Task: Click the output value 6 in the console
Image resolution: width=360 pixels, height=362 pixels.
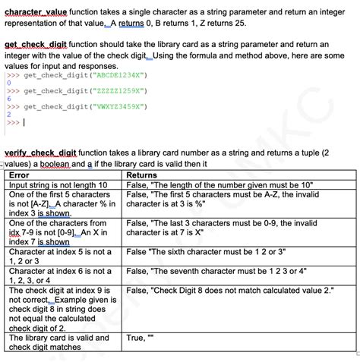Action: [x=8, y=99]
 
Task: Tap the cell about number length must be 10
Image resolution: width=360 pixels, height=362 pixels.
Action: [x=220, y=184]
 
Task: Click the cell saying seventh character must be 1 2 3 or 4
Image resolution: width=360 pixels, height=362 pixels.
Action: [x=216, y=271]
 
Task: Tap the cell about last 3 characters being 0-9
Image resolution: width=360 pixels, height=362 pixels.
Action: [x=221, y=228]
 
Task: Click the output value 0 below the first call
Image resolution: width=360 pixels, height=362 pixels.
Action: [x=8, y=83]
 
